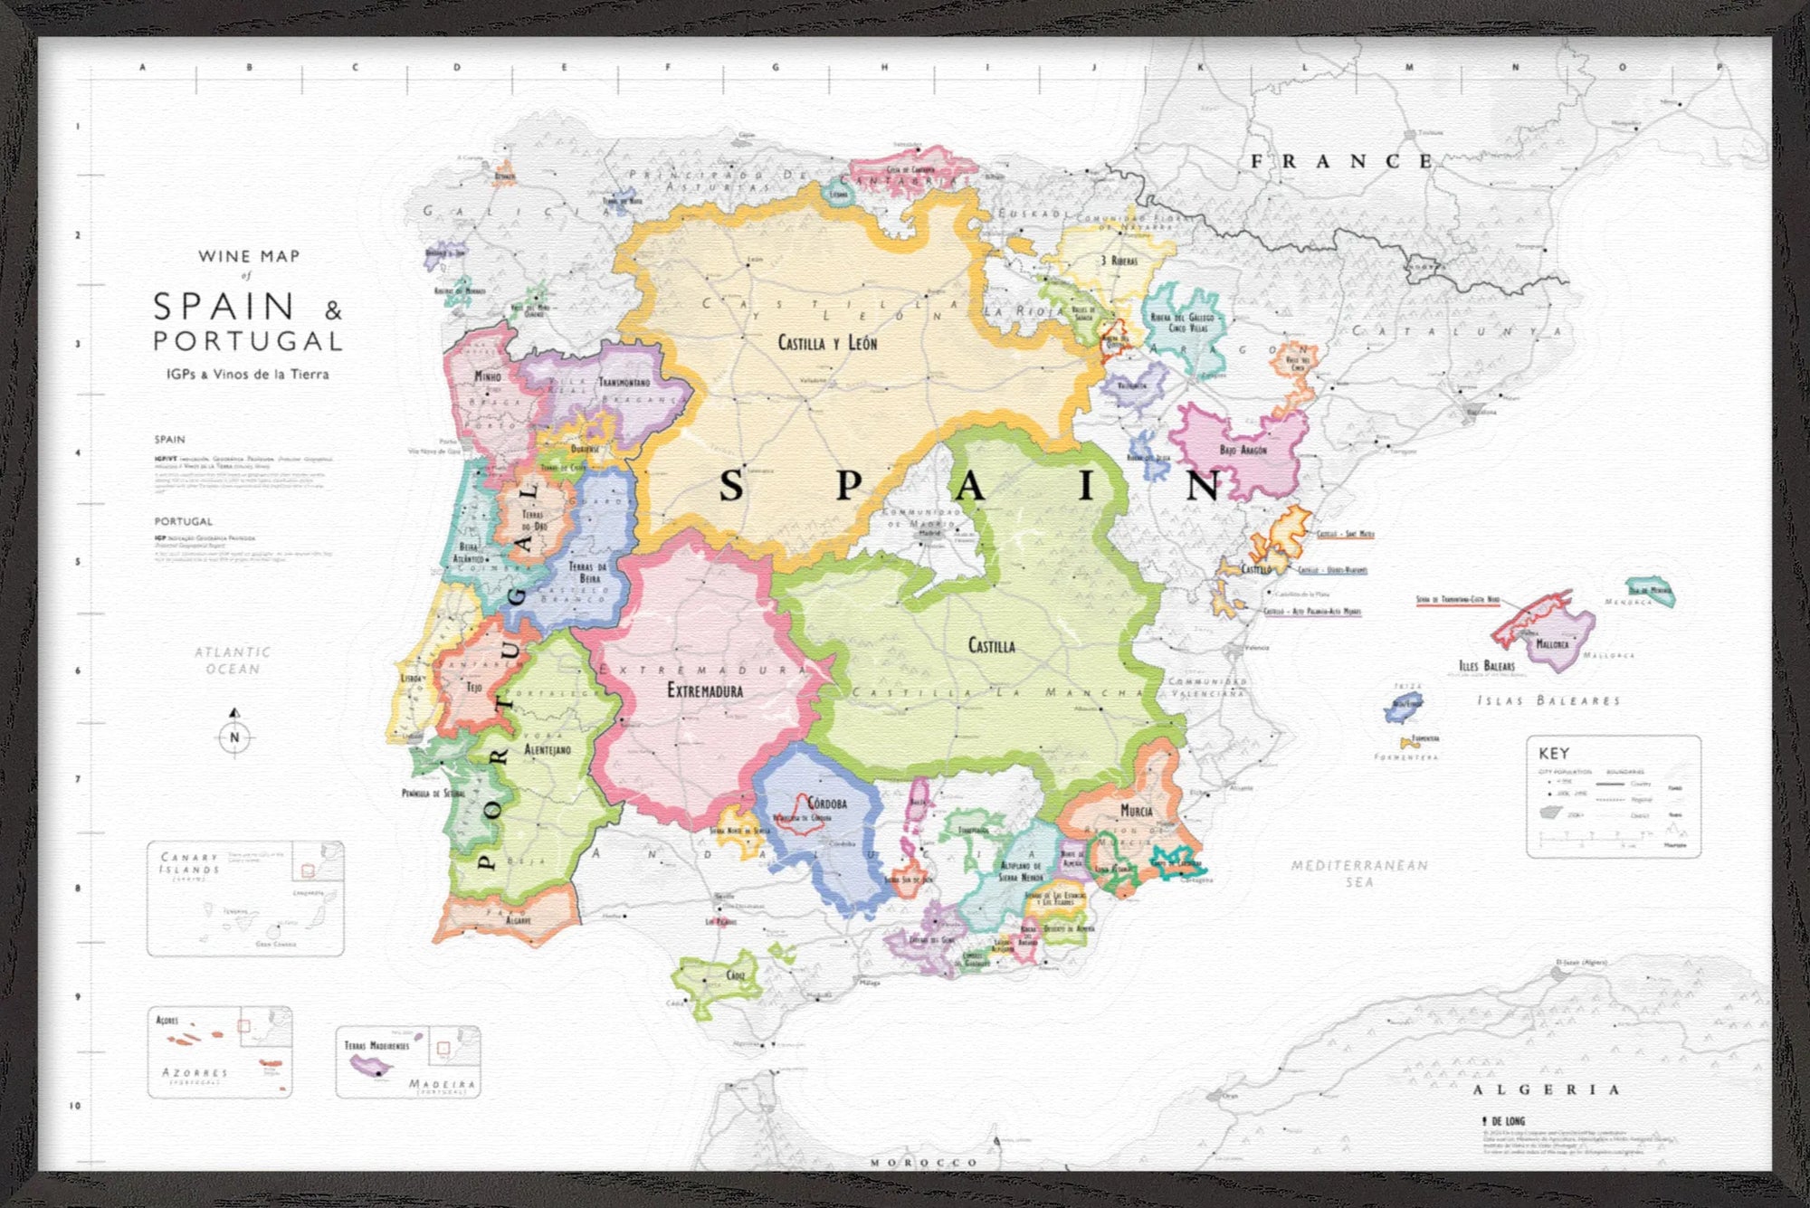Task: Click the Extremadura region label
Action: [705, 690]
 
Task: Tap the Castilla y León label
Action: [827, 343]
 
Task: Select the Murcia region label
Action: [1137, 810]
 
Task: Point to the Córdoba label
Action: [827, 803]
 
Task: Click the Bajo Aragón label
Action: [1243, 450]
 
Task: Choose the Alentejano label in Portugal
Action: [548, 749]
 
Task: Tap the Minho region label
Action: [488, 376]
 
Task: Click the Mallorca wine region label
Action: [1552, 644]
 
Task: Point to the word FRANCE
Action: [1342, 162]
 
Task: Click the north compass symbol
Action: [234, 731]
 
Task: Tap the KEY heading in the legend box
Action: [1554, 753]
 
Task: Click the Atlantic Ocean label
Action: [233, 660]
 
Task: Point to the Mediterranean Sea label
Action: [1359, 873]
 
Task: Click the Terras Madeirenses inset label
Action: [376, 1045]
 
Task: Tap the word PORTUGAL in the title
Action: [248, 341]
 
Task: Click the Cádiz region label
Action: [736, 975]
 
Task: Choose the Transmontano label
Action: [624, 382]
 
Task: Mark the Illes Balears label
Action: [1486, 665]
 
